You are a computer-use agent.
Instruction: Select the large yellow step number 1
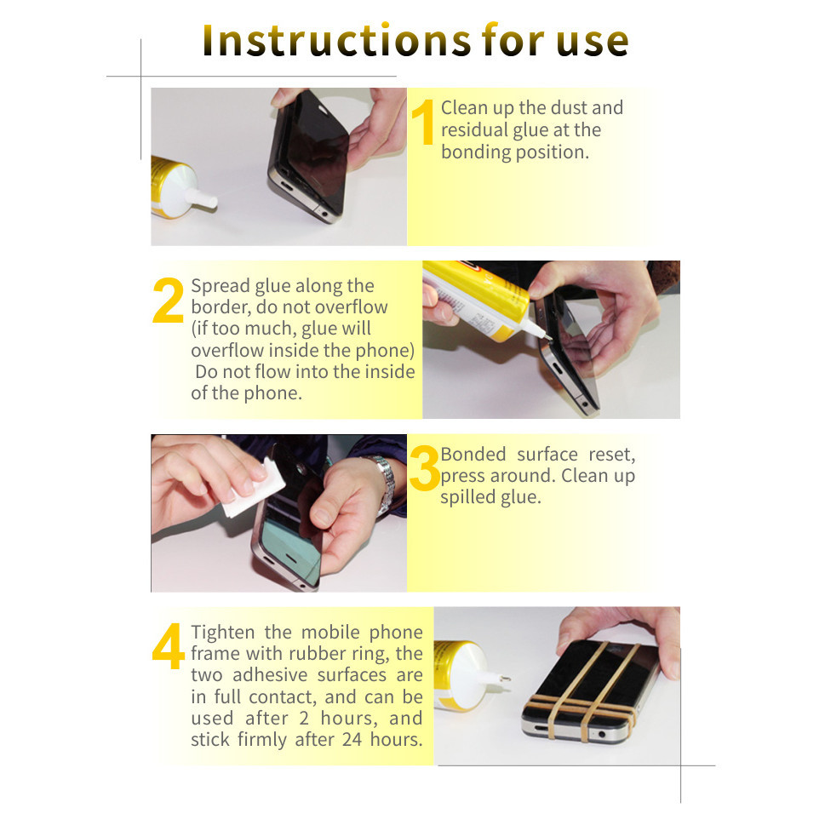tap(423, 122)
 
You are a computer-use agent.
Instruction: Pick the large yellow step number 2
tap(168, 300)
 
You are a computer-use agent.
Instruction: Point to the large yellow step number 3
tap(424, 467)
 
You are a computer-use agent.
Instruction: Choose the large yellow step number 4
tap(169, 646)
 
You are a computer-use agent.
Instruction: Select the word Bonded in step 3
tap(473, 454)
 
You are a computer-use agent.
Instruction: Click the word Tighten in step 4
tap(223, 633)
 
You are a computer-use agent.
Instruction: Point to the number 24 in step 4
tap(352, 740)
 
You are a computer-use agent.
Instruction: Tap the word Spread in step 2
tap(221, 287)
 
